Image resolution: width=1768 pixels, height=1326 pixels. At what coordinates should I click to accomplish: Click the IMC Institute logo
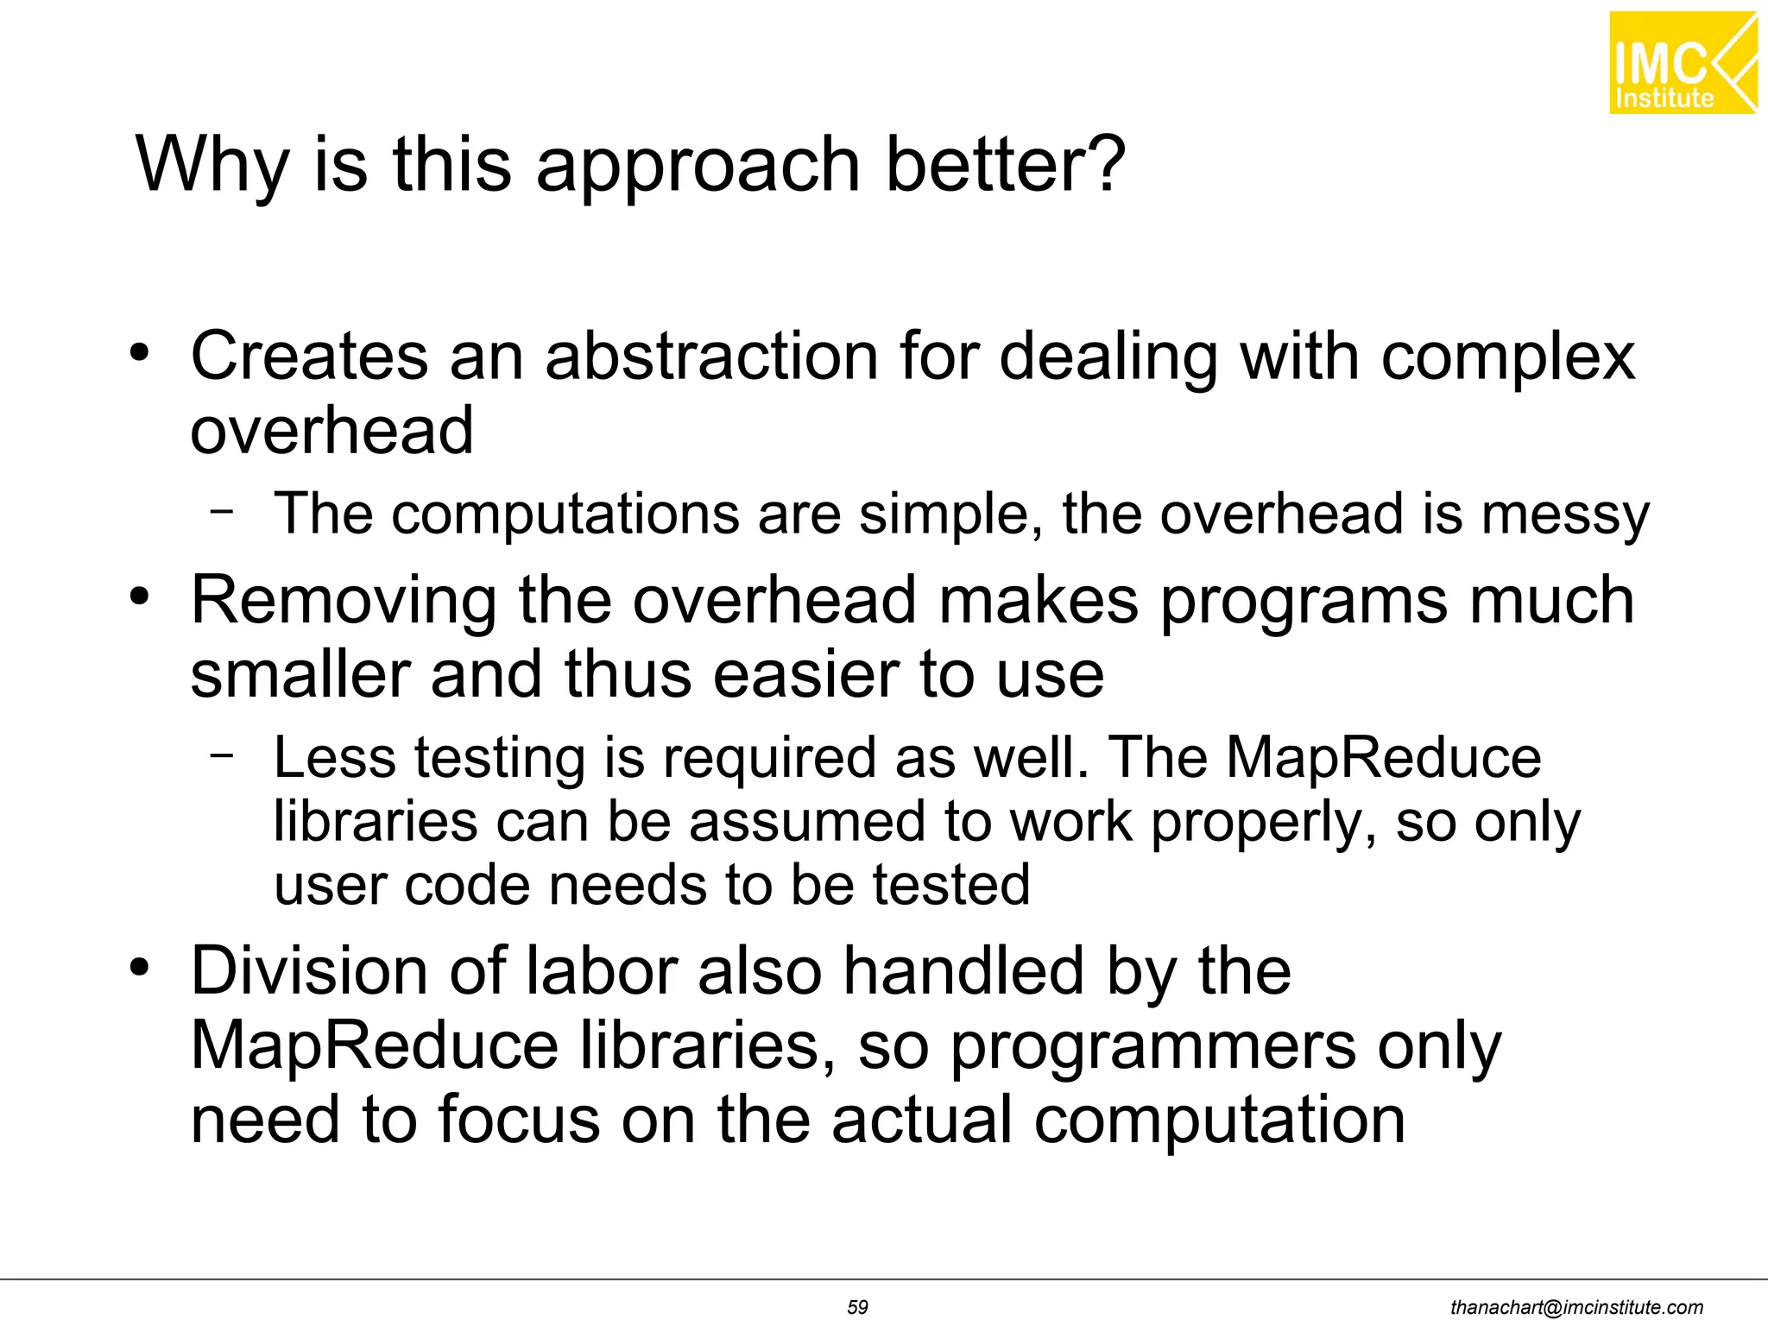[x=1682, y=62]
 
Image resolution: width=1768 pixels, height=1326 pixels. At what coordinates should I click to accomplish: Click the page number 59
[x=857, y=1307]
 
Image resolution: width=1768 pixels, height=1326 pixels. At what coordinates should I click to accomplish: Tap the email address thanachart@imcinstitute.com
[x=1576, y=1307]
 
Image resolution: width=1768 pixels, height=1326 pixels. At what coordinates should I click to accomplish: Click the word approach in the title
[x=698, y=166]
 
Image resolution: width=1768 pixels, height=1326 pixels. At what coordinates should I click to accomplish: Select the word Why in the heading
[x=212, y=166]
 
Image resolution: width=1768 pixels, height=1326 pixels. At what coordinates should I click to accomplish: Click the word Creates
[x=309, y=356]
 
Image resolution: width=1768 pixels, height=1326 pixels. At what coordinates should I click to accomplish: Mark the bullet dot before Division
[x=139, y=967]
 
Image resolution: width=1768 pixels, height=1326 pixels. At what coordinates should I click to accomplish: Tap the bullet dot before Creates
[x=139, y=352]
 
